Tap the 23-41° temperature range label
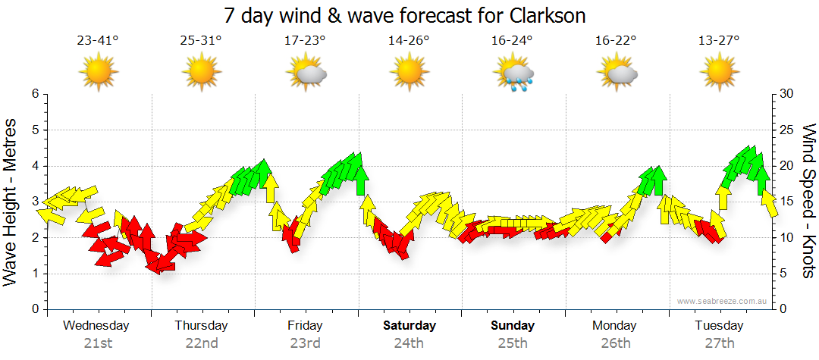point(98,40)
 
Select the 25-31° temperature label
point(201,40)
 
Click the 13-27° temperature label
point(719,40)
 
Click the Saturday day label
point(409,326)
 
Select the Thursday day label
point(201,326)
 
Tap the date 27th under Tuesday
point(719,343)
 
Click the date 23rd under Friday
point(305,343)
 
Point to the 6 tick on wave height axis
point(34,94)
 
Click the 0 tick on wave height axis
point(34,309)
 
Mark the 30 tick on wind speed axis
point(787,94)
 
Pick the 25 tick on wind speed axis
point(787,130)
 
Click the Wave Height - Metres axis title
point(12,202)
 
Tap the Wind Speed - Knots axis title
point(808,202)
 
